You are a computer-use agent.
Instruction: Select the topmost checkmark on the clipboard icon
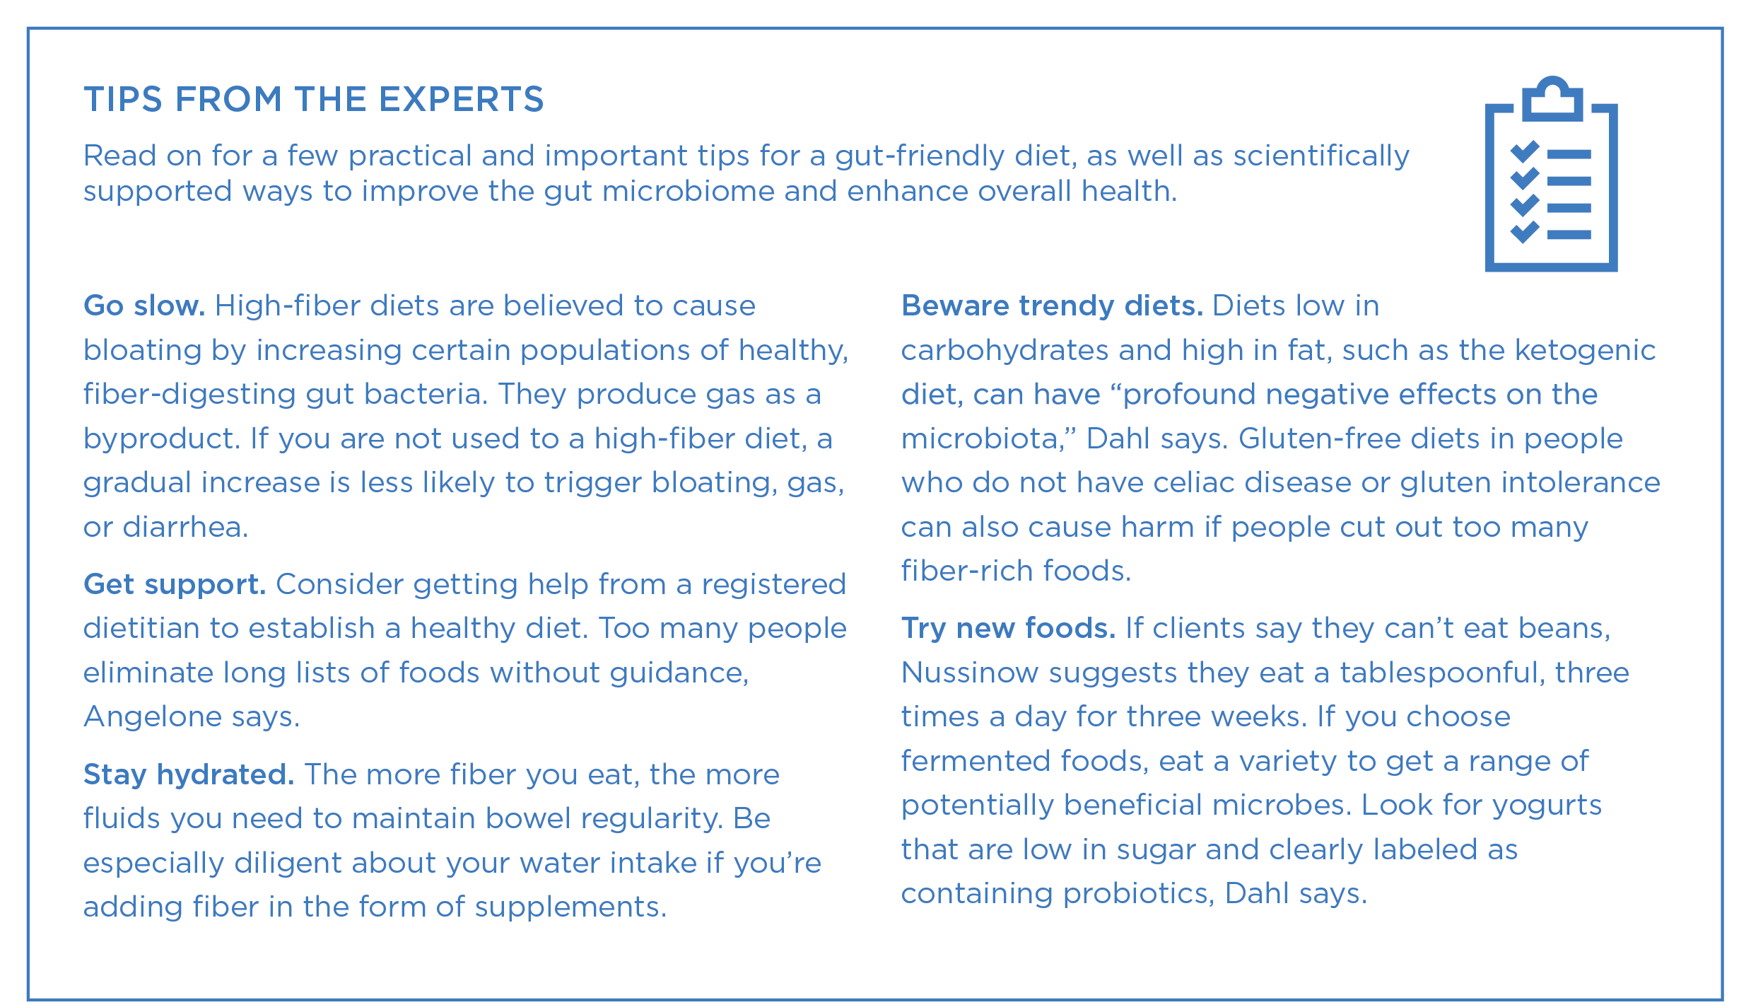click(1525, 151)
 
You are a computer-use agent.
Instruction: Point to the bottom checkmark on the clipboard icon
click(1525, 232)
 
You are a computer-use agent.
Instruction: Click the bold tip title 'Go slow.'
click(144, 306)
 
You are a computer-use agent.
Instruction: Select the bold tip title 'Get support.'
click(175, 585)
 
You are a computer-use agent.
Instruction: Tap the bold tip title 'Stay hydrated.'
click(189, 774)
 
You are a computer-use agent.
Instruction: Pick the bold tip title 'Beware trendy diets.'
click(1052, 306)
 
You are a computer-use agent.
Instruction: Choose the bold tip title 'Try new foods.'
click(1008, 628)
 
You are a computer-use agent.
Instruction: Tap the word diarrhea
click(185, 527)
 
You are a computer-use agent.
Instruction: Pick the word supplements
click(570, 907)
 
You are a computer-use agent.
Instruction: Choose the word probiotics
click(1139, 894)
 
